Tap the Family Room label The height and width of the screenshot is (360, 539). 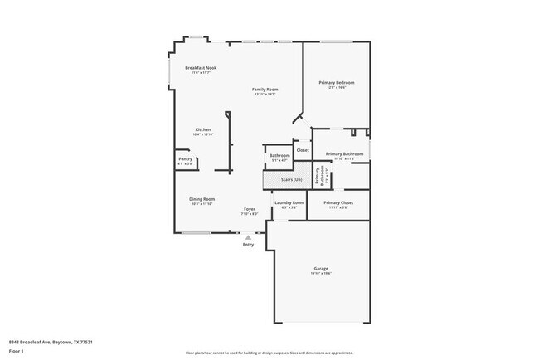point(265,90)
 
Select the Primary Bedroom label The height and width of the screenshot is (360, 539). point(337,83)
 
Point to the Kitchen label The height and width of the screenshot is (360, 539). point(203,130)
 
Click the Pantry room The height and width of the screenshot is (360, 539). point(184,162)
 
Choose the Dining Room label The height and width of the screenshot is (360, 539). point(202,199)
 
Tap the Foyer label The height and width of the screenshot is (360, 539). point(249,209)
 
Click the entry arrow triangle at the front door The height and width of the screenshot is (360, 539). point(248,237)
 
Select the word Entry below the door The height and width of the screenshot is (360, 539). point(248,245)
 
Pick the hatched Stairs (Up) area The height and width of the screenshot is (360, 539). point(284,179)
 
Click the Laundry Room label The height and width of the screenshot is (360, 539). point(289,202)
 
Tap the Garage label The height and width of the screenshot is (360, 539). point(321,269)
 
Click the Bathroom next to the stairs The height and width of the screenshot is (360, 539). point(279,156)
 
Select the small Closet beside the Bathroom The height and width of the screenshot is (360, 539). point(303,150)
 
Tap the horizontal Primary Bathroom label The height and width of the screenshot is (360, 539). point(344,154)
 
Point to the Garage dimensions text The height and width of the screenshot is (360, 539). point(321,274)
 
